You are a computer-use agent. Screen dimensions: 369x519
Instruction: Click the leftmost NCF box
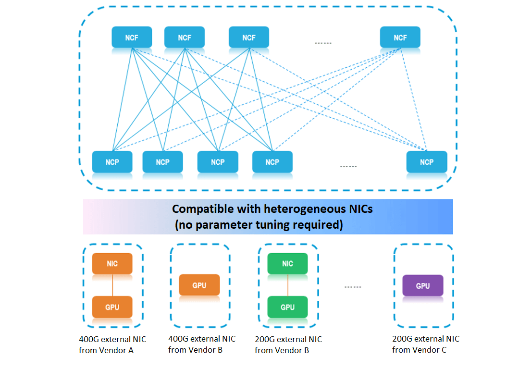point(132,37)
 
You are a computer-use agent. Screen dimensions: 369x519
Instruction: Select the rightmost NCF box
point(400,37)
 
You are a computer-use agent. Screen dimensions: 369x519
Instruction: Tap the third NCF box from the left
point(248,37)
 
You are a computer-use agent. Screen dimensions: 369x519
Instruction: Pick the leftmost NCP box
point(112,162)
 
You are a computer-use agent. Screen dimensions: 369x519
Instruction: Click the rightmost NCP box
point(426,162)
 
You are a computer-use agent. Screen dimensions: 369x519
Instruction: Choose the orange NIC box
point(112,263)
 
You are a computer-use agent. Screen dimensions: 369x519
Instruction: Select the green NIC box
point(287,263)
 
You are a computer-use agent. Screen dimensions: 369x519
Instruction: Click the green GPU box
point(287,307)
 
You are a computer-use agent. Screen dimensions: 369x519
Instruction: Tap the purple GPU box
point(422,285)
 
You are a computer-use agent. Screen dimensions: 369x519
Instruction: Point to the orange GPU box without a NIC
point(199,285)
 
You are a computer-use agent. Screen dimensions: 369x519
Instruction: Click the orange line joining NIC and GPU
point(112,285)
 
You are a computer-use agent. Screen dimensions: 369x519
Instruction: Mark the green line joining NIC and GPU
point(287,285)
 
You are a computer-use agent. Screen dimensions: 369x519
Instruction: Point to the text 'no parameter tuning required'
point(259,224)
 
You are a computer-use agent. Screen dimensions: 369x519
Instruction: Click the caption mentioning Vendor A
point(112,344)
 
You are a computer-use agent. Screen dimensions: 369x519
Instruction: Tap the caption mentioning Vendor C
point(425,344)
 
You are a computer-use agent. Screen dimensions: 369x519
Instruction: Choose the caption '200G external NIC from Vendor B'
point(288,344)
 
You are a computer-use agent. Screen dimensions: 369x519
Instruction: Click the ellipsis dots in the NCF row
point(323,43)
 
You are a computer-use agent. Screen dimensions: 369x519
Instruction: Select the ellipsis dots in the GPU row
point(353,287)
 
